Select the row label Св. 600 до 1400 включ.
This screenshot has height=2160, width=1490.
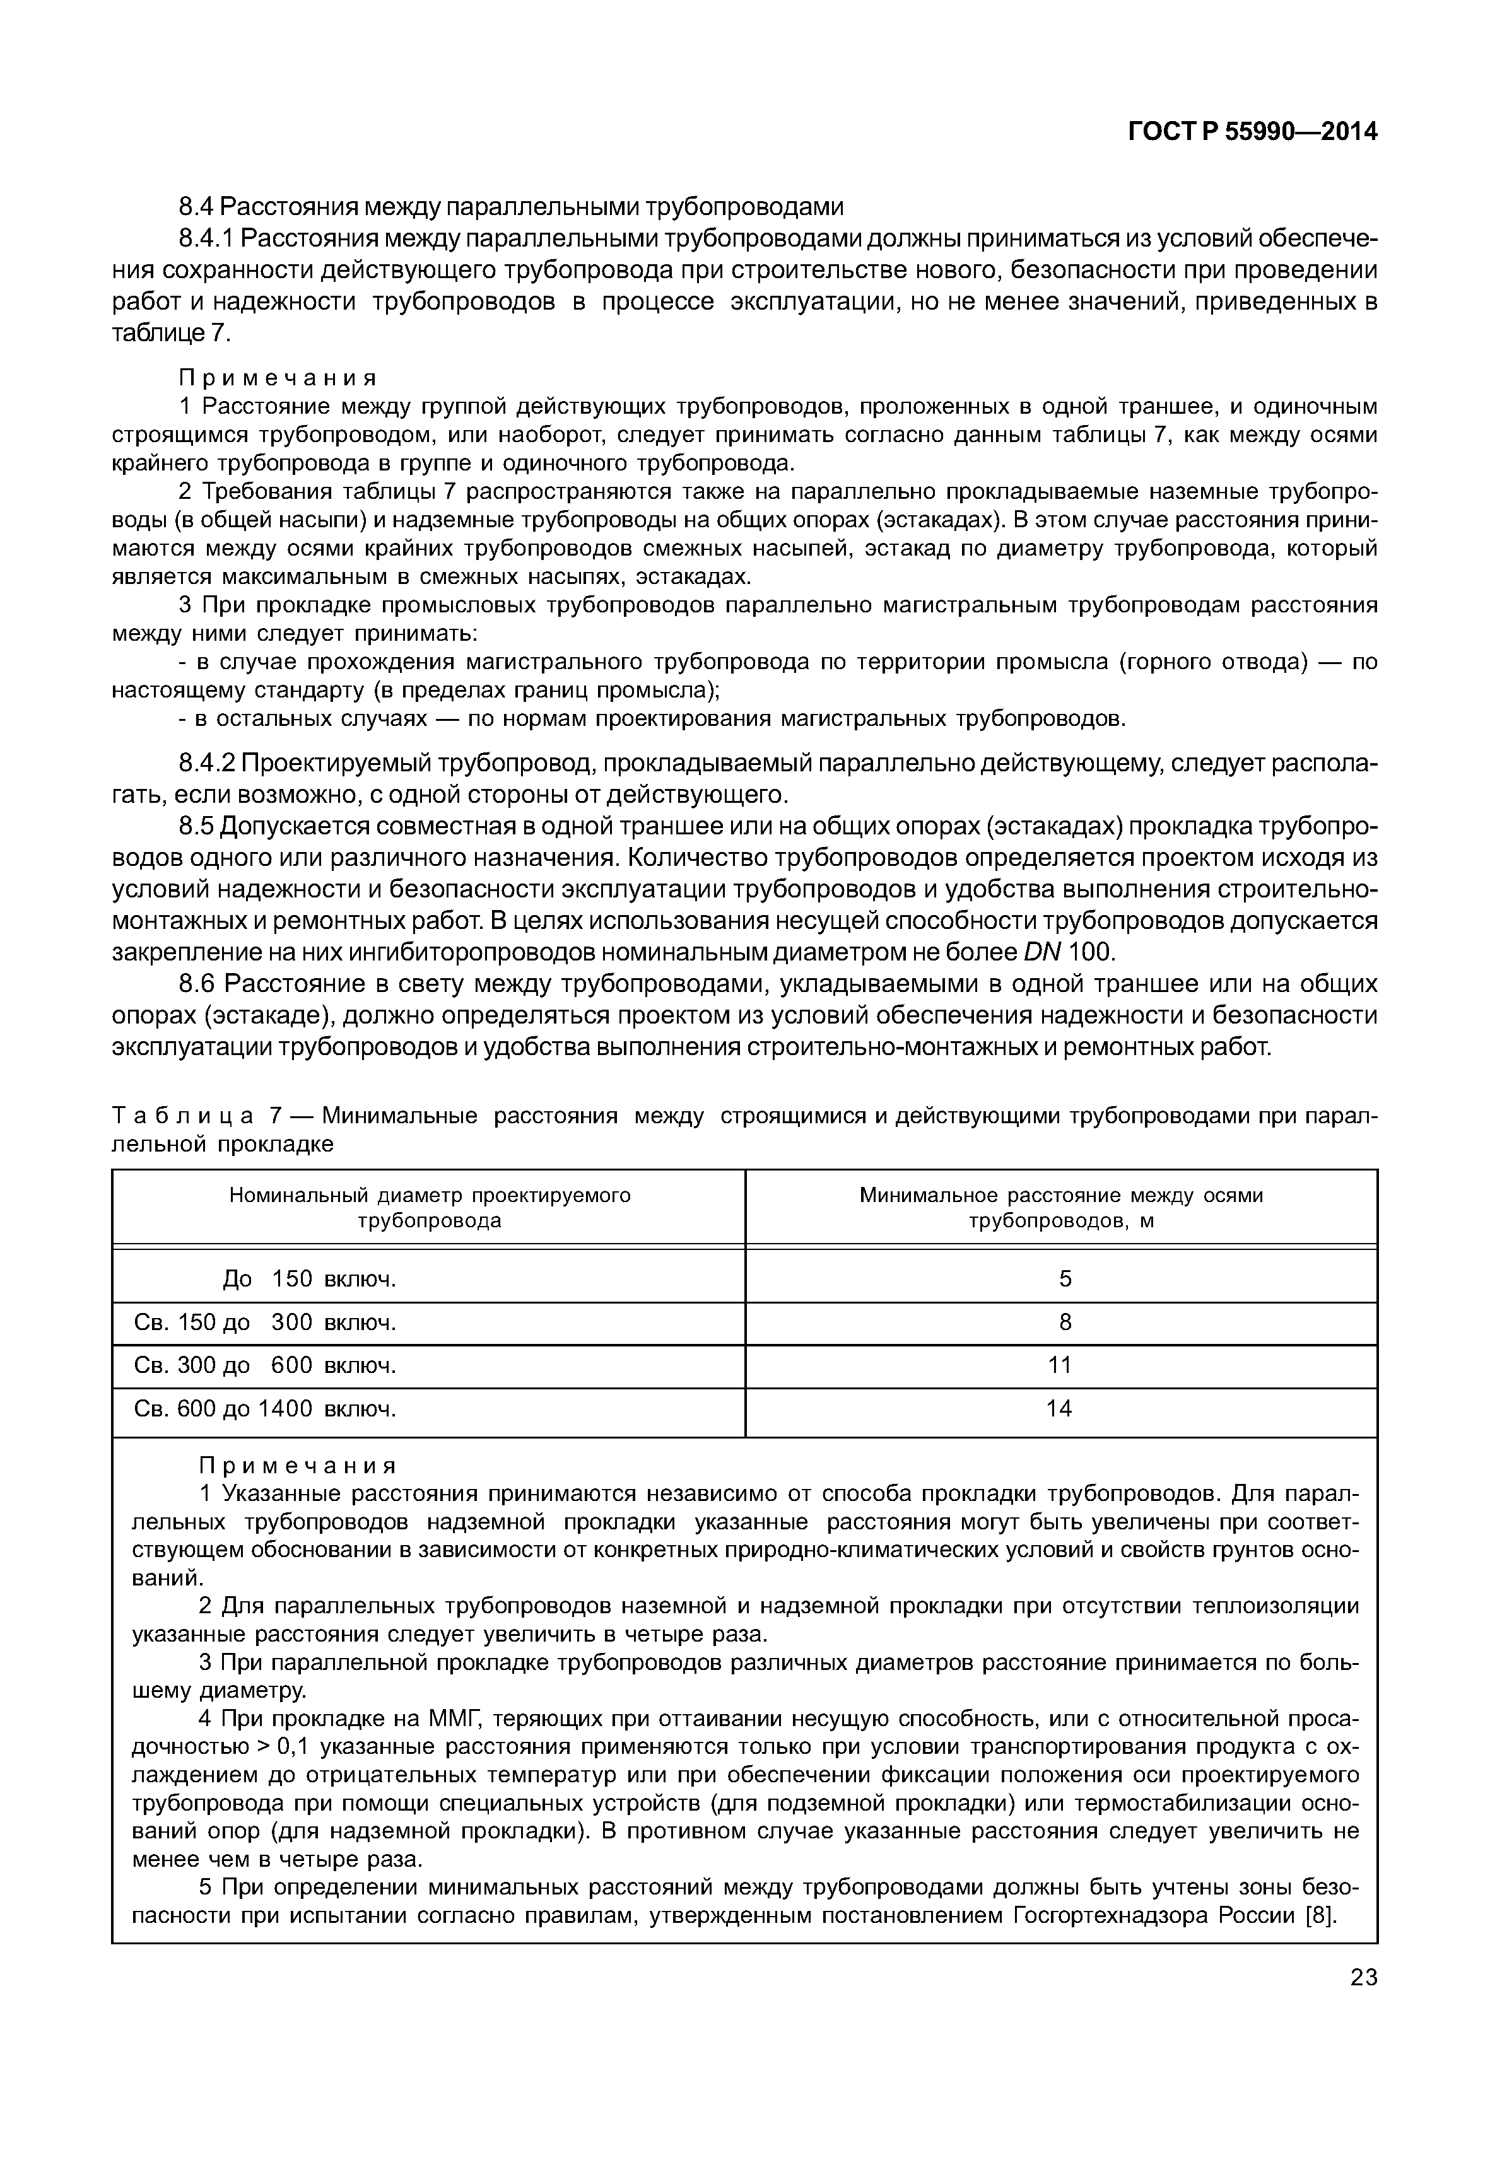coord(266,1409)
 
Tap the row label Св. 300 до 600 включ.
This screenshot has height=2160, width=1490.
coord(266,1365)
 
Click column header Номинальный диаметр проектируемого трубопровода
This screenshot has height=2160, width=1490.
coord(430,1208)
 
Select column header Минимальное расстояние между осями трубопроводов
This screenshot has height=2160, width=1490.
coord(1062,1208)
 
